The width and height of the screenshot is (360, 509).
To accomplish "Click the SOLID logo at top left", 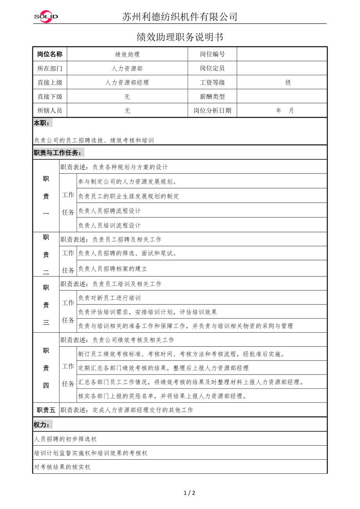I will coord(46,16).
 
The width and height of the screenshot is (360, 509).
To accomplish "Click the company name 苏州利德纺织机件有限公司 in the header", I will coord(180,16).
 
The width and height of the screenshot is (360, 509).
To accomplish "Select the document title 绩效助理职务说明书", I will coord(180,37).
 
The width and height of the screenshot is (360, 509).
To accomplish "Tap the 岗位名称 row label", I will coord(50,54).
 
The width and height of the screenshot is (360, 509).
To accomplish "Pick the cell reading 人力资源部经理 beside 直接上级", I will coord(127,82).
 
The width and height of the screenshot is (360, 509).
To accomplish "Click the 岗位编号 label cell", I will coord(212,54).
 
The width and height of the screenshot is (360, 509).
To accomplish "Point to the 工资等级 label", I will coord(212,82).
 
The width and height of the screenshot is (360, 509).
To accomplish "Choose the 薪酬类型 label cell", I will coord(212,97).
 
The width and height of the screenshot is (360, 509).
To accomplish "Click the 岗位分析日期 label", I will coord(212,111).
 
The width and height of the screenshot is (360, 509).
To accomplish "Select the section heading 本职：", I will coord(42,123).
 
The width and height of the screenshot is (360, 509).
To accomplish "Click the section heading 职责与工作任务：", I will coord(58,153).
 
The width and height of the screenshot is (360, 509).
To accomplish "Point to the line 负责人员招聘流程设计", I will coord(110,211).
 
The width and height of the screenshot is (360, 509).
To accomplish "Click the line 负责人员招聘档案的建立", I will coord(113,269).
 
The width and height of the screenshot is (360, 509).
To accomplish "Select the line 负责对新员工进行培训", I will coord(110,298).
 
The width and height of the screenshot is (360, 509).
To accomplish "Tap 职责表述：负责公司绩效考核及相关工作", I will coord(117,340).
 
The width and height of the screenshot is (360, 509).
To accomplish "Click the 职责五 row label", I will coord(46,410).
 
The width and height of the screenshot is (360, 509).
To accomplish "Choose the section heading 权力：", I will coord(42,425).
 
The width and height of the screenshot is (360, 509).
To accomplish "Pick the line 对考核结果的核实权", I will coord(62,467).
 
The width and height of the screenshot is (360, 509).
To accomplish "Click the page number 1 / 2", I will coord(189,493).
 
